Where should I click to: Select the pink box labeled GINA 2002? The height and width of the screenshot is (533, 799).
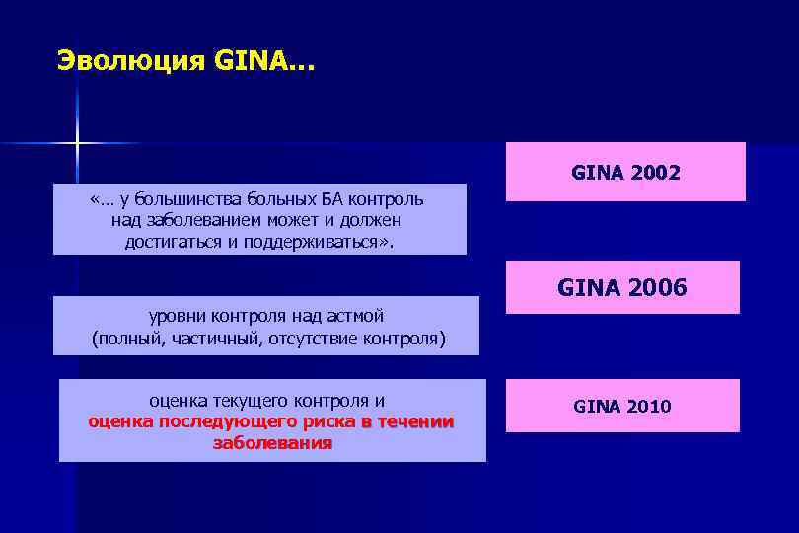(625, 172)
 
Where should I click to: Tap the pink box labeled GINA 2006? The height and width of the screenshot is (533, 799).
(621, 287)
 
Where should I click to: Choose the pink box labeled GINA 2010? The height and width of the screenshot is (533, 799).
(621, 406)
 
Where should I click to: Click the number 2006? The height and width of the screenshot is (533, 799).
(656, 288)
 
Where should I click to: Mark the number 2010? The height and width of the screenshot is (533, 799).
(648, 406)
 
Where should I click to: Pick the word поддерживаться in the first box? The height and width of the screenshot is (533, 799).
(316, 242)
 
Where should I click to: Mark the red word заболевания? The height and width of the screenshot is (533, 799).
(272, 443)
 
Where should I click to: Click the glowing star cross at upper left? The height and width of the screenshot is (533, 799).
(77, 144)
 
